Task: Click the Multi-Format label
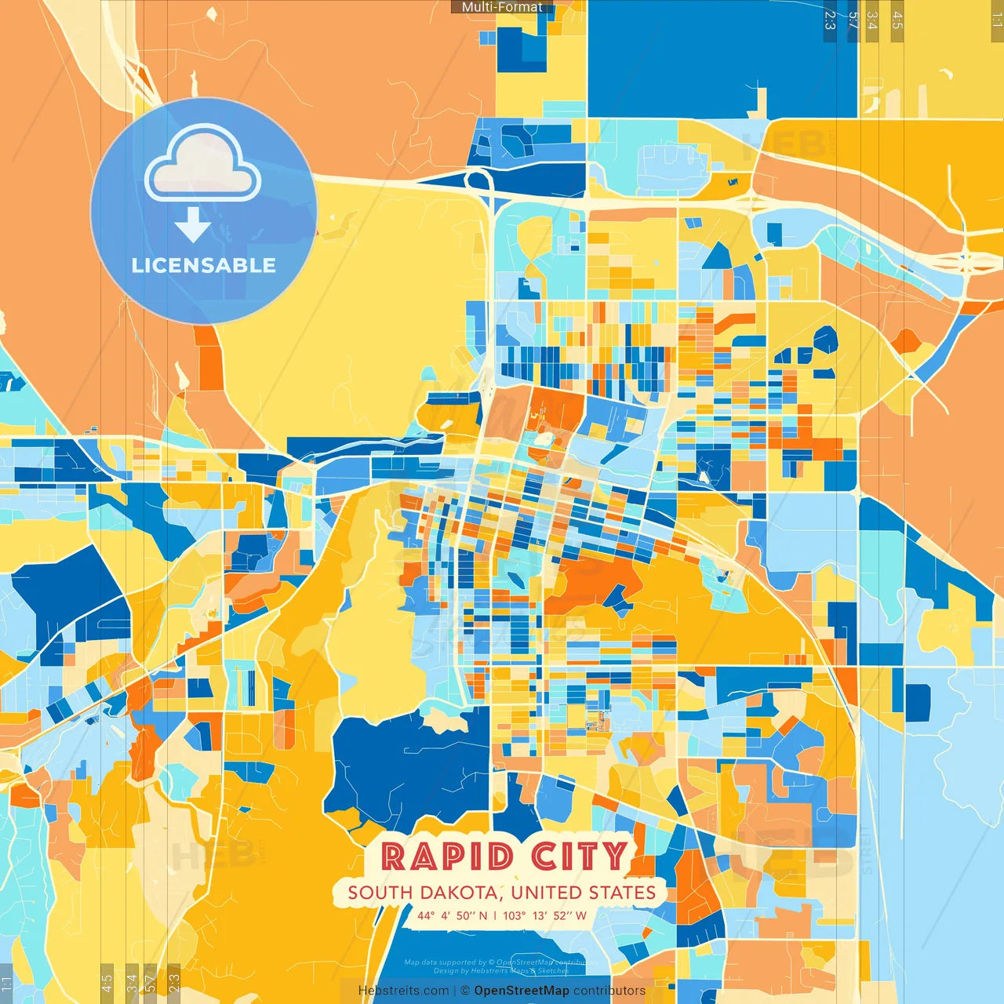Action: [502, 7]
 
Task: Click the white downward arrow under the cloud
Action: [192, 226]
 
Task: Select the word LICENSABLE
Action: [204, 265]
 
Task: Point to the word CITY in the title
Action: [579, 857]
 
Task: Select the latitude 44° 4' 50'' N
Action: [452, 915]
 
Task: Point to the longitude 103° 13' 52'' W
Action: [544, 915]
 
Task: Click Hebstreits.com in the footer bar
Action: [403, 991]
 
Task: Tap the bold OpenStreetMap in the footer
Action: [522, 991]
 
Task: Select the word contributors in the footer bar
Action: [609, 991]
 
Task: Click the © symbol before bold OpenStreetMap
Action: [465, 991]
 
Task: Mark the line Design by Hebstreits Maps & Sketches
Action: [500, 971]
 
